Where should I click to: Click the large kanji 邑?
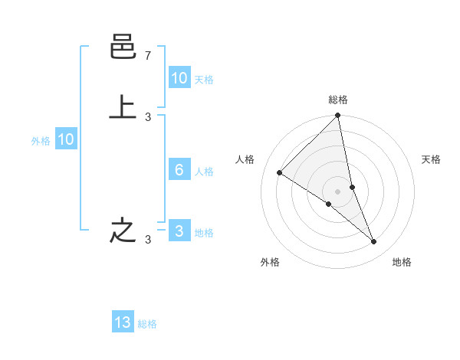[123, 48]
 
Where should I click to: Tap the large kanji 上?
[123, 107]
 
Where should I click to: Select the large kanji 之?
[123, 231]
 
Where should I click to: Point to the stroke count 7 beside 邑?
[148, 56]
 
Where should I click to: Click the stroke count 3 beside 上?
[148, 116]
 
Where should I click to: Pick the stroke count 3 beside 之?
[148, 240]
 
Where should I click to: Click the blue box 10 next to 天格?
[179, 78]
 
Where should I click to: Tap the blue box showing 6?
[179, 170]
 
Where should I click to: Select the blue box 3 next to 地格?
[179, 231]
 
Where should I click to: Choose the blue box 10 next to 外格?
[66, 139]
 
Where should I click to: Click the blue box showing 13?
[123, 322]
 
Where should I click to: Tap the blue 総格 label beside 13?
[147, 324]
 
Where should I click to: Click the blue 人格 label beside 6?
[205, 171]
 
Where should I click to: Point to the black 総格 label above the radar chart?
[338, 100]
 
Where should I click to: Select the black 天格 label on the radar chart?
[431, 159]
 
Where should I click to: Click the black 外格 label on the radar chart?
[270, 263]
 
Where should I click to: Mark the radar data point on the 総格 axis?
[338, 116]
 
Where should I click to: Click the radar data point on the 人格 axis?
[280, 173]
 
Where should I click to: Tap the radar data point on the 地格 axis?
[374, 241]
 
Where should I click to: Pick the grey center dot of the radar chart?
[338, 191]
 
